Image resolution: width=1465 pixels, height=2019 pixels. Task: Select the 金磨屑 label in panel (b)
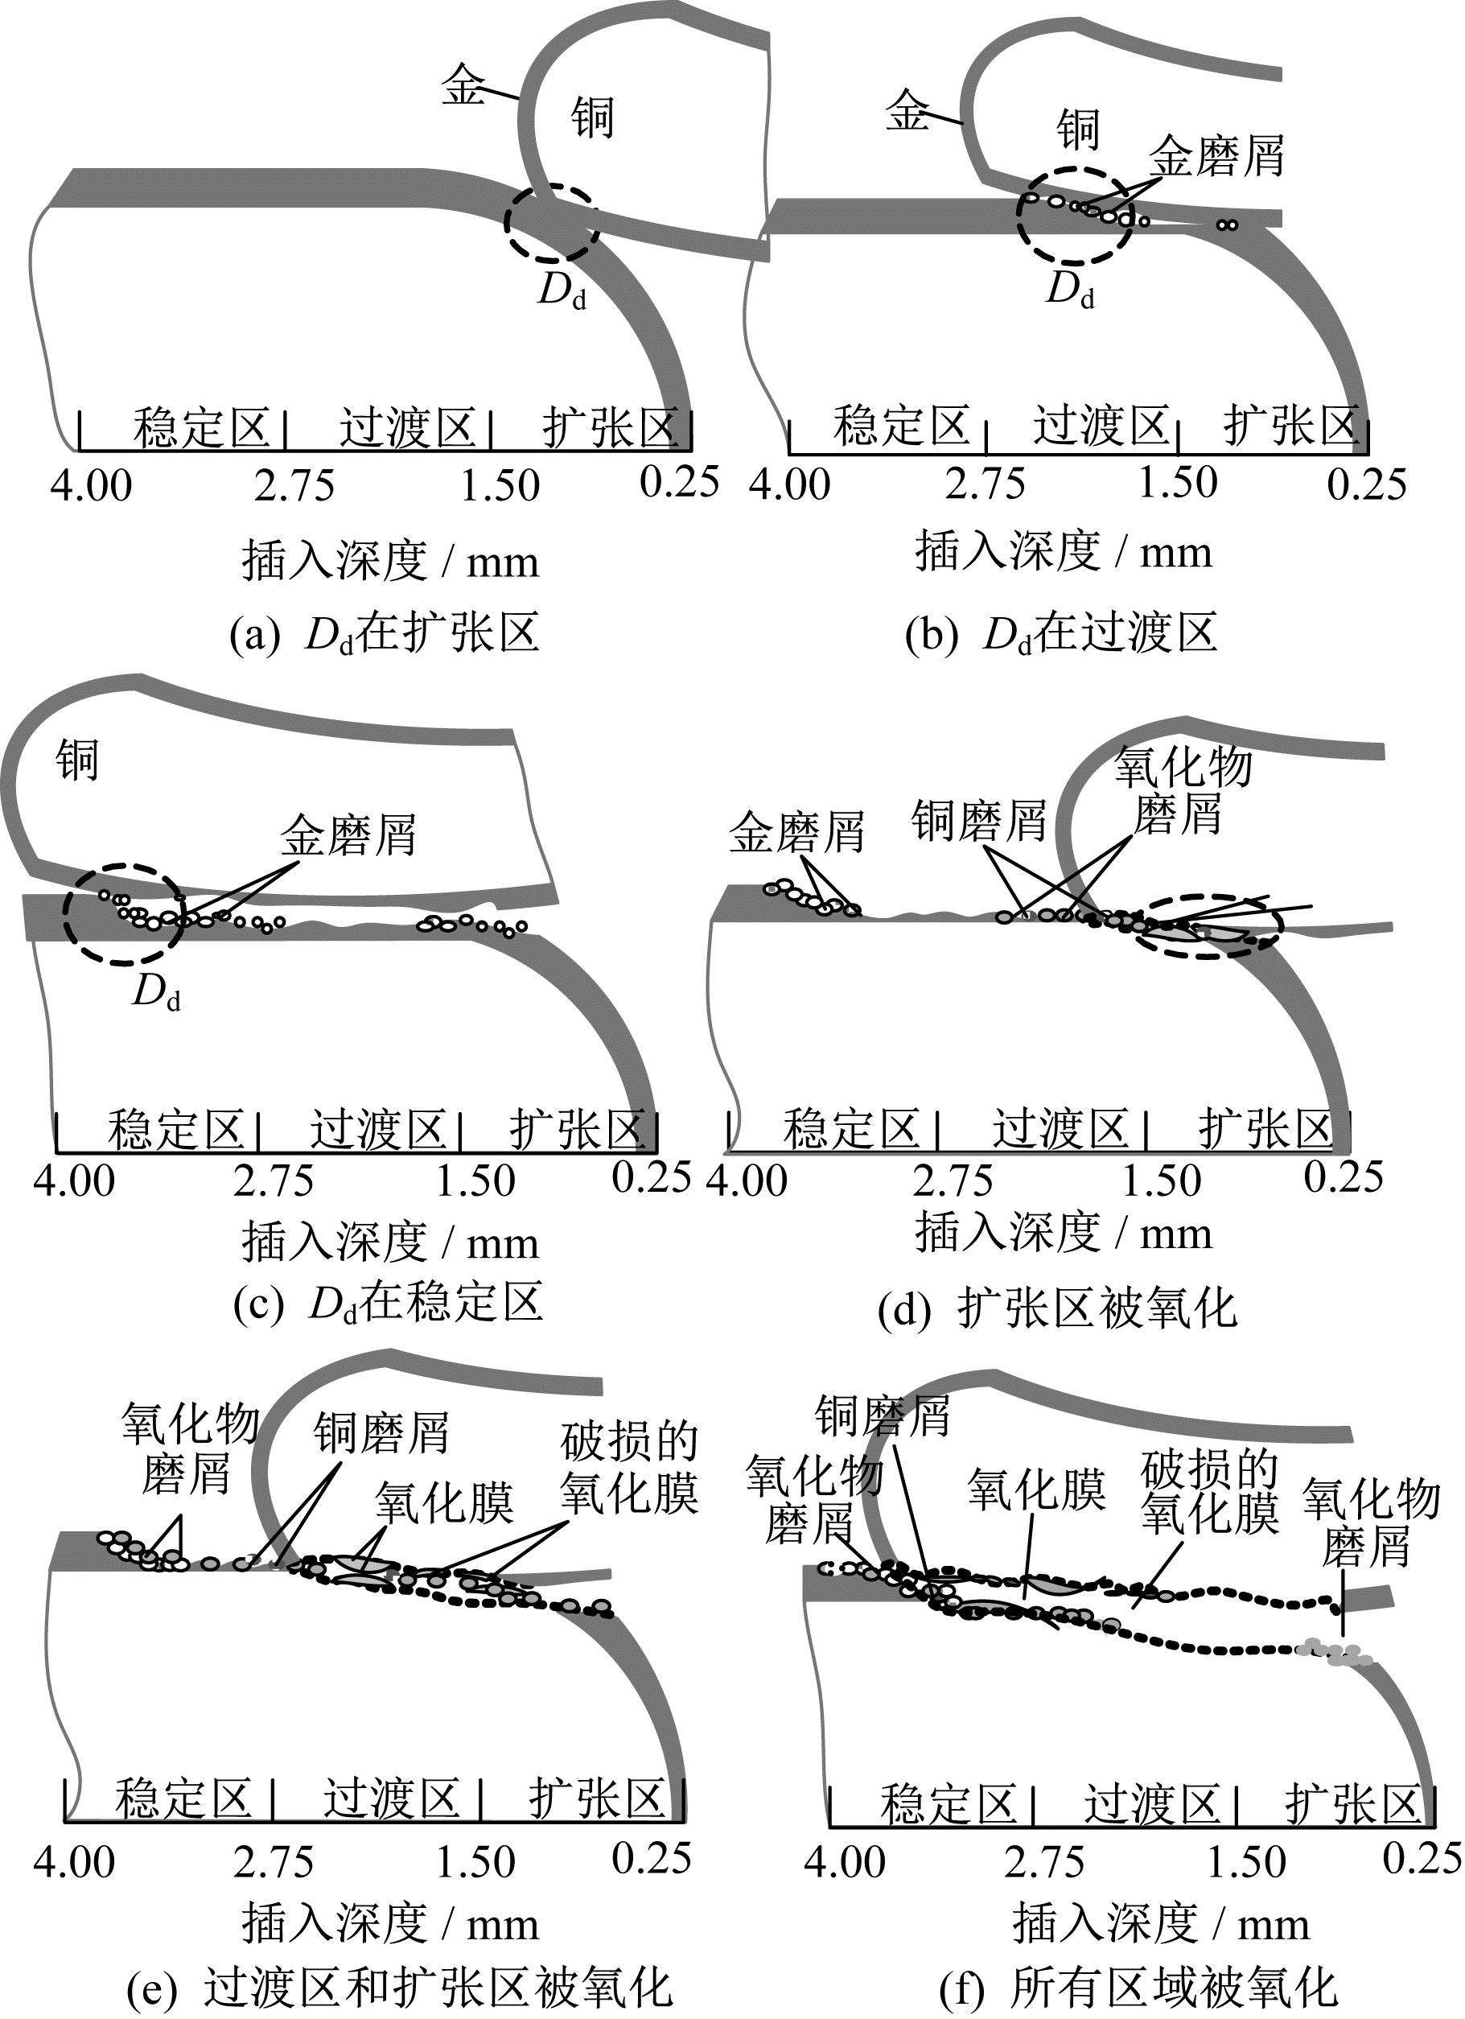pos(1216,157)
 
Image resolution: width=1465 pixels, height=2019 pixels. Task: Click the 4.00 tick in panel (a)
pos(91,487)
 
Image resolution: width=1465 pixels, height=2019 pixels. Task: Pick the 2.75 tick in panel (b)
pos(986,484)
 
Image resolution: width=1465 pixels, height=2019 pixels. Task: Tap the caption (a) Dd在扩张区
pos(385,636)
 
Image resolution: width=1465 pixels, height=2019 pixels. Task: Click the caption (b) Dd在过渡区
pos(1061,635)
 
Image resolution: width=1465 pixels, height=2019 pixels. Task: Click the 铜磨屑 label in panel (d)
pos(979,820)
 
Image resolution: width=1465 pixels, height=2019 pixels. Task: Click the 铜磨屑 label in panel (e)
pos(382,1434)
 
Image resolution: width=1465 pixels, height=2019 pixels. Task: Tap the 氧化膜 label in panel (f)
pos(1037,1490)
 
